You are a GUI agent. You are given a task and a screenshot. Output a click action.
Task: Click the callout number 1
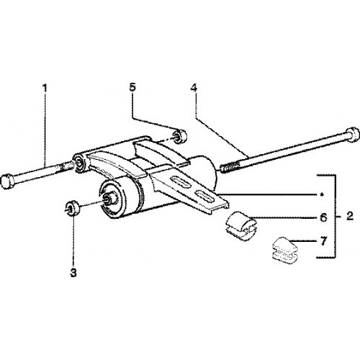[x=45, y=89]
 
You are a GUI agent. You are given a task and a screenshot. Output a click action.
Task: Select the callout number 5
[x=132, y=87]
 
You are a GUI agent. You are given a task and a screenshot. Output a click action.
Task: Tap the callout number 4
[x=194, y=89]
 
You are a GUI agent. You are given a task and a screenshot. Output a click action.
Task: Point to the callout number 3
[x=73, y=273]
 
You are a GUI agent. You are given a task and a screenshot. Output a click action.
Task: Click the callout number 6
[x=324, y=217]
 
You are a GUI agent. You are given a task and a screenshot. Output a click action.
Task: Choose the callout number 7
[x=324, y=241]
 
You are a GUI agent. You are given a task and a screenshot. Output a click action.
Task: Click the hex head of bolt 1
[x=7, y=182]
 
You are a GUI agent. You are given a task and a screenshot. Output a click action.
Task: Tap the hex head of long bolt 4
[x=352, y=135]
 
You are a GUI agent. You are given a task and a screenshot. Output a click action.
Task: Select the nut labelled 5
[x=180, y=137]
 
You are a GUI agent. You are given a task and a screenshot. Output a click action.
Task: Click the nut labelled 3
[x=72, y=209]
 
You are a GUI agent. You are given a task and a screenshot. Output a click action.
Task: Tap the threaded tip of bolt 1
[x=65, y=166]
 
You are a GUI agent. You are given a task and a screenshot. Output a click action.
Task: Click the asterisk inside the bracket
[x=323, y=194]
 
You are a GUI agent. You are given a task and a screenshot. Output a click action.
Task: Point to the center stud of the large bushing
[x=109, y=199]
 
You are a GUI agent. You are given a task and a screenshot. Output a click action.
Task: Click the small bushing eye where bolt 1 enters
[x=78, y=163]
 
